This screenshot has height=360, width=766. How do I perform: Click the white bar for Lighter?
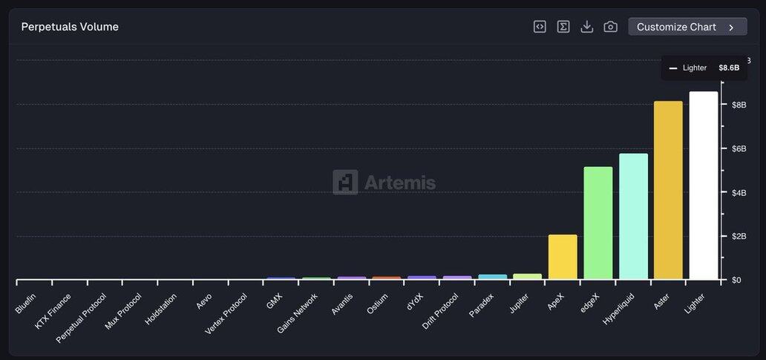[x=703, y=186]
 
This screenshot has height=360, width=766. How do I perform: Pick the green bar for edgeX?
[x=598, y=223]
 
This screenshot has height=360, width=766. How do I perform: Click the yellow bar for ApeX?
[x=563, y=257]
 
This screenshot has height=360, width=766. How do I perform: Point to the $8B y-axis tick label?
[x=739, y=105]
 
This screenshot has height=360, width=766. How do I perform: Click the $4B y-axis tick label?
[x=739, y=193]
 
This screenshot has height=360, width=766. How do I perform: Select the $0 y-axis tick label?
[x=736, y=281]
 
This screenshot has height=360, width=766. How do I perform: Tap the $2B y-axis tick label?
[x=739, y=237]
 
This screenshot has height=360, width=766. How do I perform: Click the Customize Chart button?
[x=687, y=27]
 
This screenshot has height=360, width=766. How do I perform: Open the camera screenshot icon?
[x=610, y=27]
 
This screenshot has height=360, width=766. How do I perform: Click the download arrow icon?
[x=586, y=27]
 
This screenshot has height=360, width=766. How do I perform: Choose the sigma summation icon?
[x=563, y=27]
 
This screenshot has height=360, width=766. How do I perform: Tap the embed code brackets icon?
[x=540, y=27]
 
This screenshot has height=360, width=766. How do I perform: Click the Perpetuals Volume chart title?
[x=70, y=27]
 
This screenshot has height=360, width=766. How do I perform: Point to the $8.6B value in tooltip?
[x=729, y=68]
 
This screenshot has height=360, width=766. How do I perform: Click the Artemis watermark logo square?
[x=345, y=182]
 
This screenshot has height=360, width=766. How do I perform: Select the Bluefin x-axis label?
[x=25, y=304]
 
